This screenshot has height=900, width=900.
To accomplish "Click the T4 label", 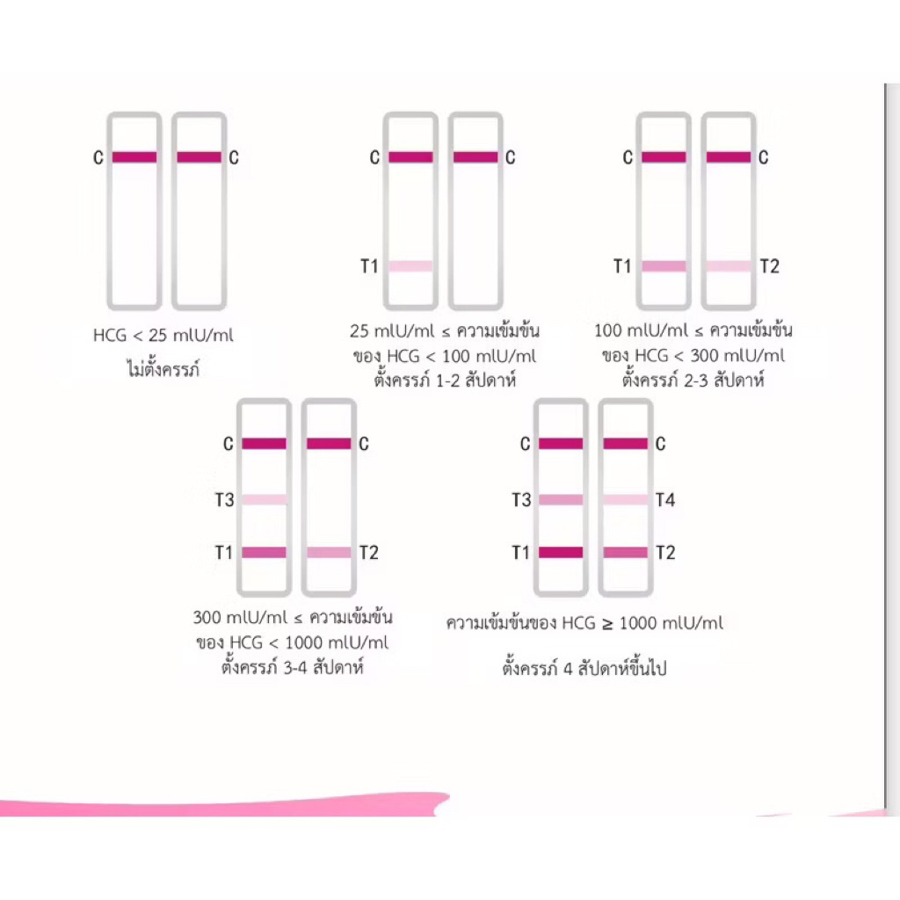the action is pyautogui.click(x=665, y=500).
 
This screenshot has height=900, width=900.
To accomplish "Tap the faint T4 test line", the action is pyautogui.click(x=626, y=500).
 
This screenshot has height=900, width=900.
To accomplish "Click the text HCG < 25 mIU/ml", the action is pyautogui.click(x=163, y=335).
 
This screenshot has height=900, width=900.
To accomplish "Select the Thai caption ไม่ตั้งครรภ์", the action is pyautogui.click(x=163, y=368).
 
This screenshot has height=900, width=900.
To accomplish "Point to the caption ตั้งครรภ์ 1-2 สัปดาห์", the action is pyautogui.click(x=445, y=380).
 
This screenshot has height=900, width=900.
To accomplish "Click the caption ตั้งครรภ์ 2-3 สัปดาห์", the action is pyautogui.click(x=693, y=380).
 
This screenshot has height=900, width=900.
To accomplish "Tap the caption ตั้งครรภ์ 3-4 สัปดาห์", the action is pyautogui.click(x=293, y=667).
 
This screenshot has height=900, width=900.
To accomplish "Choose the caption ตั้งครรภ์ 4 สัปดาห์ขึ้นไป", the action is pyautogui.click(x=584, y=668).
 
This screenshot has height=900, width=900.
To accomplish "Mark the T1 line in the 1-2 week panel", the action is pyautogui.click(x=410, y=266).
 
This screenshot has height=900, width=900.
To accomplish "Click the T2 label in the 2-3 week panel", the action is pyautogui.click(x=770, y=266).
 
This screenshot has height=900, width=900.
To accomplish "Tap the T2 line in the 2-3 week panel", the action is pyautogui.click(x=729, y=266).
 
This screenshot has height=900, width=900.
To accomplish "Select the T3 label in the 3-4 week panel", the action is pyautogui.click(x=224, y=500).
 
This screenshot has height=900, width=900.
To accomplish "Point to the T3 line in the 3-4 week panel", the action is pyautogui.click(x=264, y=500).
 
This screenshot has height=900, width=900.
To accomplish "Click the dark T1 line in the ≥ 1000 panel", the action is pyautogui.click(x=561, y=553).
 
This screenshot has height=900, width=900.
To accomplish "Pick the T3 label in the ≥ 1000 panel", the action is pyautogui.click(x=521, y=500).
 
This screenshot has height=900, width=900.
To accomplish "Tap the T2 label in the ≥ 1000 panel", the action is pyautogui.click(x=665, y=553).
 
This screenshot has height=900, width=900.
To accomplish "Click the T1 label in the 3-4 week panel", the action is pyautogui.click(x=224, y=553).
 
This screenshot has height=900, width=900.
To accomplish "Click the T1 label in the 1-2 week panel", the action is pyautogui.click(x=369, y=266).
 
